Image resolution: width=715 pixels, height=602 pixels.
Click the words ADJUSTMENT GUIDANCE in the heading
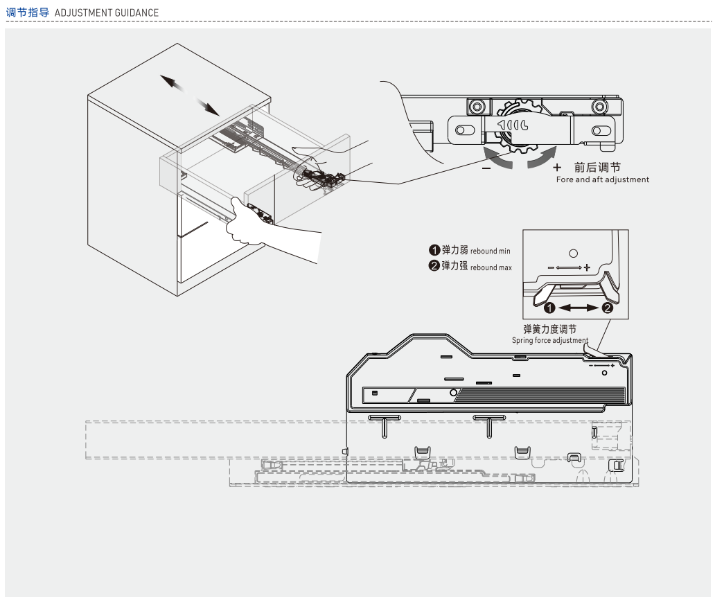pos(106,12)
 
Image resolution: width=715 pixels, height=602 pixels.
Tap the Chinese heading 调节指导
pos(27,12)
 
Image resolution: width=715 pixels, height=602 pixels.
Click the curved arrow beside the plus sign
pos(541,157)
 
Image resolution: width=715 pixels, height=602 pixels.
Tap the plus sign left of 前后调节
pos(557,168)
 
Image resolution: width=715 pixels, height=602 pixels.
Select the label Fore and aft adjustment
pos(602,179)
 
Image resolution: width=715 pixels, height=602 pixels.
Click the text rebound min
pos(490,251)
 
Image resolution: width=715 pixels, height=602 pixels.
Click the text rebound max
pos(491,267)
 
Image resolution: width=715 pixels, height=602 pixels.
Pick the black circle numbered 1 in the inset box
pos(549,308)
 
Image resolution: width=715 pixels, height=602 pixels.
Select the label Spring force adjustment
pos(549,340)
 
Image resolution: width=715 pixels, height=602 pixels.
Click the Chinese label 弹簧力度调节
pos(549,329)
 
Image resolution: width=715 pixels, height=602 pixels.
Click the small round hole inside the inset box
pos(573,253)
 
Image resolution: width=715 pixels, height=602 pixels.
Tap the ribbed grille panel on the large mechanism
pos(540,395)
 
